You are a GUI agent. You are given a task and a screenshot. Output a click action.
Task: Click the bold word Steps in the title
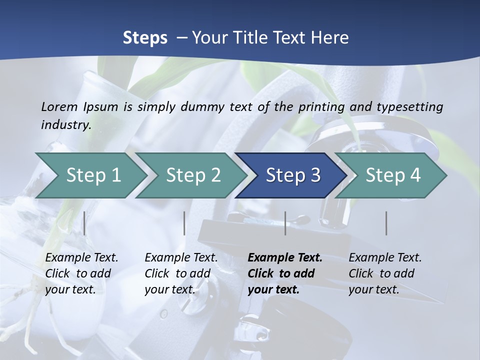pos(145,38)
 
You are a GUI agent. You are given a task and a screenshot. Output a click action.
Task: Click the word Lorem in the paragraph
pos(59,106)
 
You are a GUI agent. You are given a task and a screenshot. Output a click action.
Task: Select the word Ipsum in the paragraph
pos(101,106)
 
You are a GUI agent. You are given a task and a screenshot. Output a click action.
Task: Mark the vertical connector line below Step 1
pos(84,223)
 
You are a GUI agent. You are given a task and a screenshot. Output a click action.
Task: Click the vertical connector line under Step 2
pos(184,223)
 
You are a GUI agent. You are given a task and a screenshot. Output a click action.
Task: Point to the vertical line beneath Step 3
pos(285,223)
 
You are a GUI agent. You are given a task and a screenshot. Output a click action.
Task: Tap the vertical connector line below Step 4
pos(386,223)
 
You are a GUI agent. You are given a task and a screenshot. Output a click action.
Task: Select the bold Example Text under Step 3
pos(285,258)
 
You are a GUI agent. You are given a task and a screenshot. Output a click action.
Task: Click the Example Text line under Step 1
pos(81,258)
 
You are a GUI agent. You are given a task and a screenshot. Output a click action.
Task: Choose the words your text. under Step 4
pos(374,289)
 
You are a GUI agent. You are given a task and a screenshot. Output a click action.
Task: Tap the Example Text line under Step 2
pos(181,258)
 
